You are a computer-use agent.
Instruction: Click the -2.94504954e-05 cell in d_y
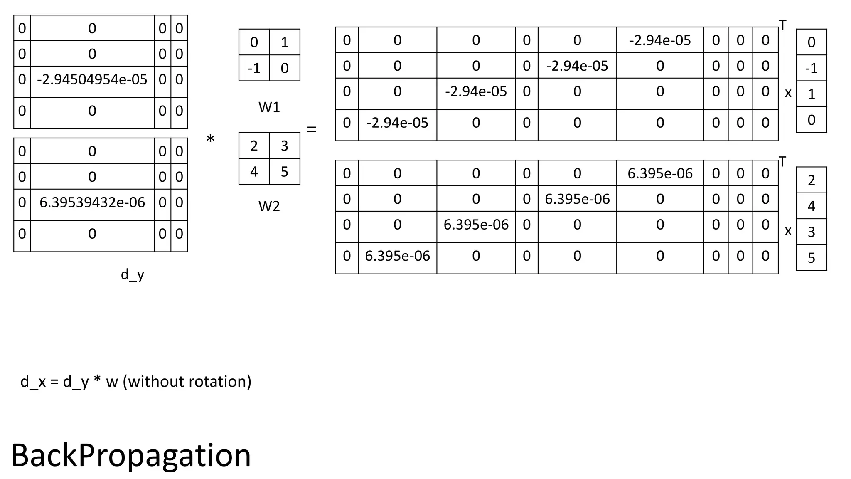[x=92, y=79]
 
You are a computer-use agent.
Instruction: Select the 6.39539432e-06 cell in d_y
[x=92, y=202]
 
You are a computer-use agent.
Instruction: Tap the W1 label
[x=269, y=107]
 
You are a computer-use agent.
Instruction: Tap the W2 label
[x=269, y=206]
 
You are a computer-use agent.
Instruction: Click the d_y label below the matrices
[x=132, y=274]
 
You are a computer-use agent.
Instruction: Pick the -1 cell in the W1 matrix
[x=254, y=68]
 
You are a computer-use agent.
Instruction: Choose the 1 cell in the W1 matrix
[x=285, y=42]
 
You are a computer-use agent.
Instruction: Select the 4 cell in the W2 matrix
[x=254, y=172]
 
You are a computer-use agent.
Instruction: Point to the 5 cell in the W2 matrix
[x=285, y=172]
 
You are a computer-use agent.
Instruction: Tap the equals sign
[x=312, y=130]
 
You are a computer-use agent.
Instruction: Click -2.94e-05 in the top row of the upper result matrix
[x=660, y=40]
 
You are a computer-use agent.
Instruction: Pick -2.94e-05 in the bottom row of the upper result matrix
[x=397, y=123]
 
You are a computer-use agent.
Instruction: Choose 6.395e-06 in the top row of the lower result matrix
[x=660, y=173]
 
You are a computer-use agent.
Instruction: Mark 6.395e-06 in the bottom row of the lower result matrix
[x=397, y=256]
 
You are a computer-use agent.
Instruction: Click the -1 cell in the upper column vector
[x=811, y=68]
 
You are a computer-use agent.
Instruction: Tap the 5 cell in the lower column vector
[x=811, y=258]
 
